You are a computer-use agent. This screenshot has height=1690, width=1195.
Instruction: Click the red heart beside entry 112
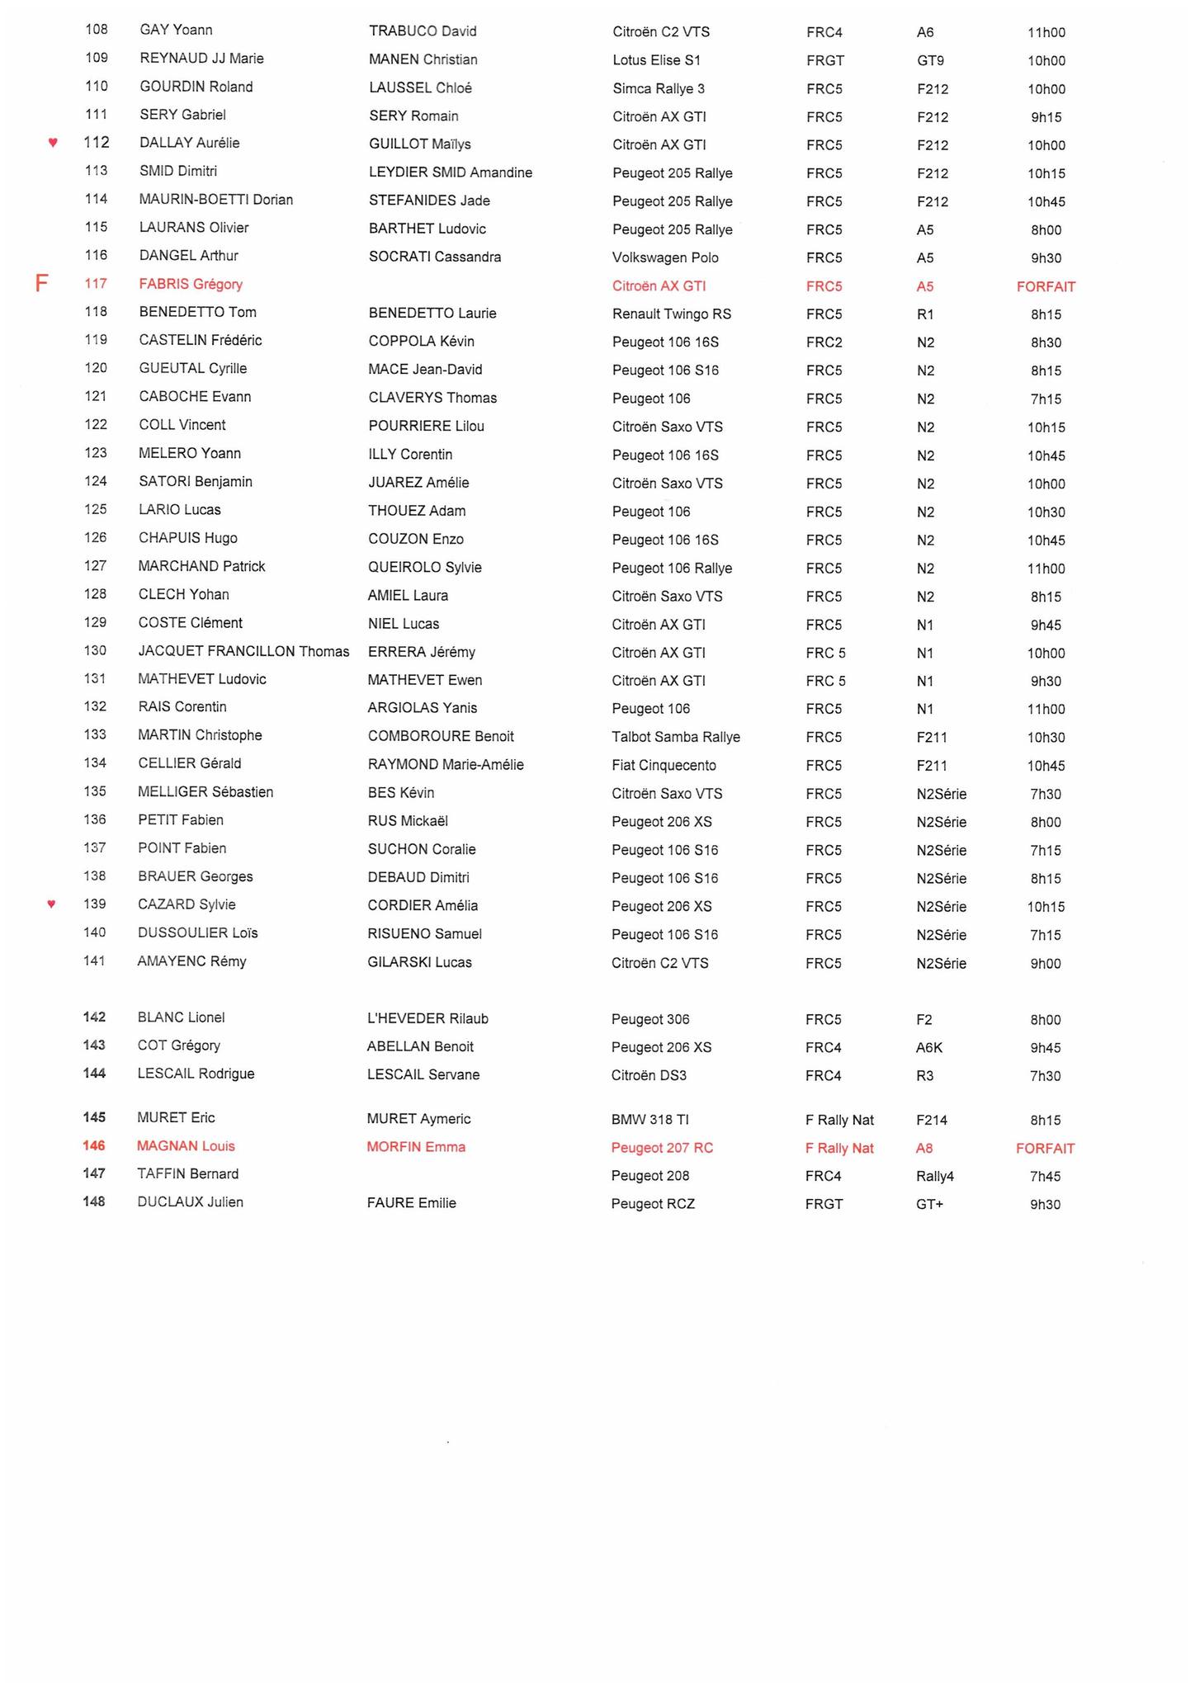53,143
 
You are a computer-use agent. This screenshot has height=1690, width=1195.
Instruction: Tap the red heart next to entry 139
51,904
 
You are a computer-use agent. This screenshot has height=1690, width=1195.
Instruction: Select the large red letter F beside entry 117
41,285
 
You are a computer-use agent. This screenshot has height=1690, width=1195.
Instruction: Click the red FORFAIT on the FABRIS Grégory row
1046,287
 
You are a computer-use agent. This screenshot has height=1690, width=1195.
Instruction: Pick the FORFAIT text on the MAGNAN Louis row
1045,1149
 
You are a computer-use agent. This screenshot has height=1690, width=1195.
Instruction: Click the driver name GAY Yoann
176,31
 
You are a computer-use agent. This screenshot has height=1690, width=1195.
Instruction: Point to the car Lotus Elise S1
656,60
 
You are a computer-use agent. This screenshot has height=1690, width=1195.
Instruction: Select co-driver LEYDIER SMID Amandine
450,173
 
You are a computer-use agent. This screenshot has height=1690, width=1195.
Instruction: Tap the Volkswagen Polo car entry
665,257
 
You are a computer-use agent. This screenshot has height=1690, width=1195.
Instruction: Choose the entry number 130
95,651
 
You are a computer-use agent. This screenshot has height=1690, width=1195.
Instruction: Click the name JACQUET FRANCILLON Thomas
243,652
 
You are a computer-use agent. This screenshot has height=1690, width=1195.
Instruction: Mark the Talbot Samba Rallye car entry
676,737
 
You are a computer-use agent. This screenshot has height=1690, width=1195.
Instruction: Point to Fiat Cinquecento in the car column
664,766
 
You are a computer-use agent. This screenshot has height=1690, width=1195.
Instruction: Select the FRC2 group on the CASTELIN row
824,342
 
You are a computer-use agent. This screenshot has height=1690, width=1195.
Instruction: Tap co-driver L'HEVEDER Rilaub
427,1019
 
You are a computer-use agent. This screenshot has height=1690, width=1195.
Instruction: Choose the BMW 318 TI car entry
649,1120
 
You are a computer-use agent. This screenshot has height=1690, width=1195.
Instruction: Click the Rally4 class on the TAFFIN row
934,1177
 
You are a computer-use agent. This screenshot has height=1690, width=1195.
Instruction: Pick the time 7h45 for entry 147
1045,1177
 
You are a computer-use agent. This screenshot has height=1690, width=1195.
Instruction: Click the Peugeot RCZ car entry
653,1205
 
